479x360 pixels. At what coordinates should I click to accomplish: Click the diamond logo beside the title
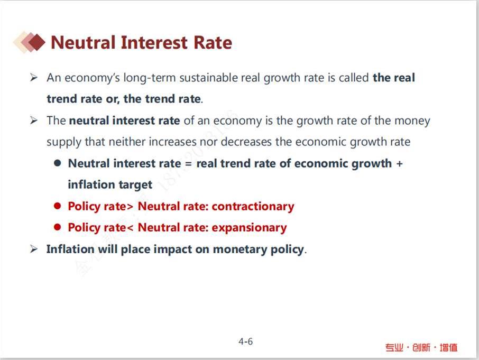[x=29, y=42]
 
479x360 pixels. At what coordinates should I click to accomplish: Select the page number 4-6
[x=246, y=341]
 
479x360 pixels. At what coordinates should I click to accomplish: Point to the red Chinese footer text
[x=421, y=347]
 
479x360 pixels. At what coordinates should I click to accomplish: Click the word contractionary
[x=253, y=206]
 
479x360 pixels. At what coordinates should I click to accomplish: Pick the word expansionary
[x=249, y=228]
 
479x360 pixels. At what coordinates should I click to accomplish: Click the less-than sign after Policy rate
[x=130, y=228]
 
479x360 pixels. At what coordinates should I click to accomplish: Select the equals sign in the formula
[x=189, y=164]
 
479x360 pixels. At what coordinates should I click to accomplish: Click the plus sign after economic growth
[x=399, y=164]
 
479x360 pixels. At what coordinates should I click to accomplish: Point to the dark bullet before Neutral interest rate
[x=58, y=163]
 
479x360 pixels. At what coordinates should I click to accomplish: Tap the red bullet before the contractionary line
[x=58, y=206]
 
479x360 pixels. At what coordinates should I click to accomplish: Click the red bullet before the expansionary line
[x=58, y=227]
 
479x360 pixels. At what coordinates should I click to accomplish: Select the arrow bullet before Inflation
[x=34, y=249]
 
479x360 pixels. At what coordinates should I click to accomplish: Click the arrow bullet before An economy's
[x=34, y=78]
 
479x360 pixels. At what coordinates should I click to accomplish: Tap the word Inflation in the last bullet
[x=70, y=249]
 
